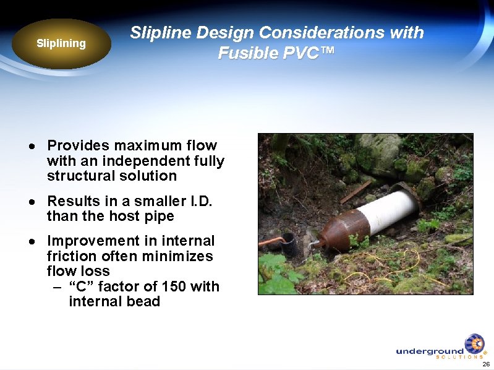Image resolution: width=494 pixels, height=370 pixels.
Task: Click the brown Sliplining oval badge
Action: pyautogui.click(x=61, y=44)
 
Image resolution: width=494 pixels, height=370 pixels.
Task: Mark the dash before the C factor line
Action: pyautogui.click(x=57, y=287)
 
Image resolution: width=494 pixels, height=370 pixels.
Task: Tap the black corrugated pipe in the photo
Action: pyautogui.click(x=290, y=246)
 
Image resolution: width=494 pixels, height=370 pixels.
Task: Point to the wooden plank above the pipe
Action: pyautogui.click(x=356, y=192)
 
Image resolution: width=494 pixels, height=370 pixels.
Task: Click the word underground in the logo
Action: pyautogui.click(x=429, y=351)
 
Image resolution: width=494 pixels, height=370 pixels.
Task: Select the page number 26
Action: pyautogui.click(x=486, y=364)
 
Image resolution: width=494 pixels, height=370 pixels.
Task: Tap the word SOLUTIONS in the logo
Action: pyautogui.click(x=459, y=357)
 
